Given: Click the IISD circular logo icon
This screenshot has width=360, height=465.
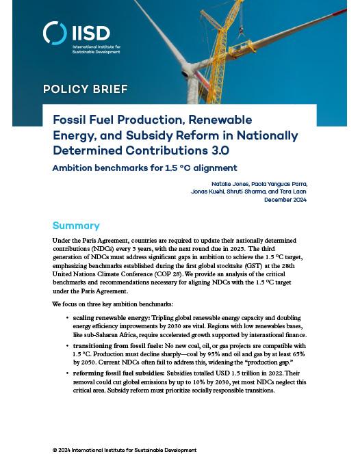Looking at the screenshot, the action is (55, 33).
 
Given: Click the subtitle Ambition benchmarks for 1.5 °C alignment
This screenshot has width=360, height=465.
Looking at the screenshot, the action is (145, 168).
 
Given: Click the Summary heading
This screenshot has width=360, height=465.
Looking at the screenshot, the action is (76, 226).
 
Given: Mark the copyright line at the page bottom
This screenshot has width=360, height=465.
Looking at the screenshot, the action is (124, 450).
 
